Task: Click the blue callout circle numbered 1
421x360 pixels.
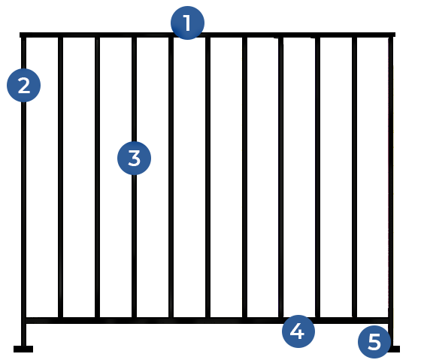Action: click(187, 23)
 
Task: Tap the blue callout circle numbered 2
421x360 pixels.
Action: click(23, 86)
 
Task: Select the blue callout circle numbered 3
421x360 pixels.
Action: click(135, 158)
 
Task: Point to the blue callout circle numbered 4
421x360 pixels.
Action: click(298, 331)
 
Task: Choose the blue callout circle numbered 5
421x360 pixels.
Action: click(374, 342)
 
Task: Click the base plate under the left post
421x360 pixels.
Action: click(23, 349)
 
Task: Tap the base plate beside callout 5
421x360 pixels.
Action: click(395, 349)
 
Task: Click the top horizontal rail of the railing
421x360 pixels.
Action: click(207, 35)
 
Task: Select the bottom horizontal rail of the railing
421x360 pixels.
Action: click(207, 320)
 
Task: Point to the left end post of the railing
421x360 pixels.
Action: click(23, 192)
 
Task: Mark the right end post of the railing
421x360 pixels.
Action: click(391, 192)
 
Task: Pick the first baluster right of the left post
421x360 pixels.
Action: click(60, 177)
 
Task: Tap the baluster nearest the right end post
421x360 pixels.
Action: click(354, 177)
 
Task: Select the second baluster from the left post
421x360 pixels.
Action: click(98, 177)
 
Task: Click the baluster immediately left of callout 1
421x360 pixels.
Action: click(171, 177)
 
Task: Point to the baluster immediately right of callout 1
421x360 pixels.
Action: click(207, 177)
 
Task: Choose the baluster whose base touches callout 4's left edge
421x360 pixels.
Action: click(281, 177)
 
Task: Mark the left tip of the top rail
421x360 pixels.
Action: click(20, 35)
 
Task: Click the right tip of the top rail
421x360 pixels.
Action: click(395, 35)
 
